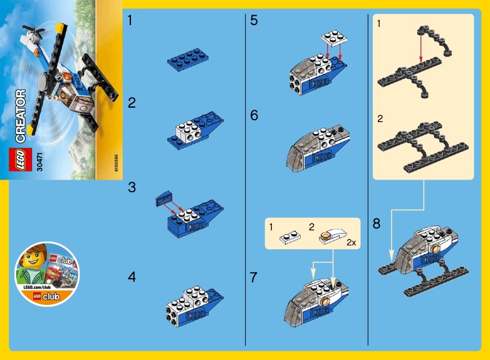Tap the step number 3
pyautogui.click(x=132, y=187)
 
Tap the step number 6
pyautogui.click(x=254, y=116)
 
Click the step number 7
pyautogui.click(x=254, y=277)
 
